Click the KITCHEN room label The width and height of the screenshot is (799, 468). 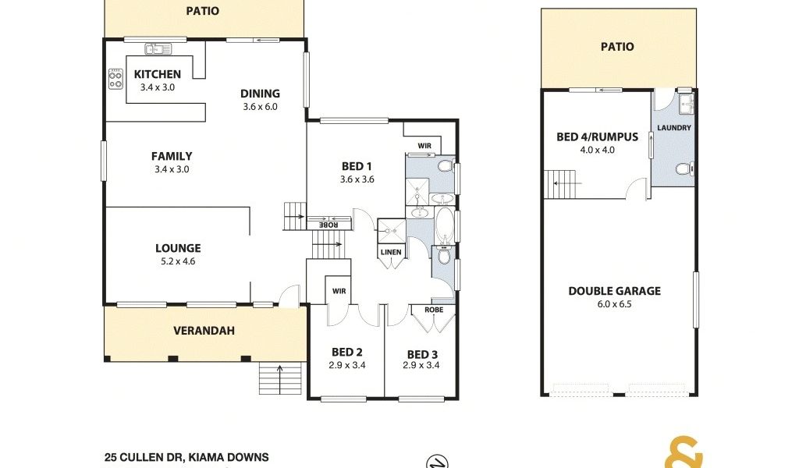[x=158, y=74]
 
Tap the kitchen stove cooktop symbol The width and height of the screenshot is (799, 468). [x=115, y=79]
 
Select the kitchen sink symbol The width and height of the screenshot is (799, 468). [x=158, y=49]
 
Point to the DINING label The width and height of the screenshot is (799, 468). [x=260, y=93]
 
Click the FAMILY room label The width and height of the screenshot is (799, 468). [x=172, y=156]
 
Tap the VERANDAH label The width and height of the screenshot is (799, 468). [x=204, y=331]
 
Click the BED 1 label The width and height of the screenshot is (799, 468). [x=357, y=166]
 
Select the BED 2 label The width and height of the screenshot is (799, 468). [x=347, y=352]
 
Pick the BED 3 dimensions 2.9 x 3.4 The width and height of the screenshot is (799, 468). [x=421, y=365]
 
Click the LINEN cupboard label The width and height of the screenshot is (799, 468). [x=391, y=252]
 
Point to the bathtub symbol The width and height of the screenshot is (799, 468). [x=445, y=225]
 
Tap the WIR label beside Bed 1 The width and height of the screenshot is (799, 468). [x=424, y=146]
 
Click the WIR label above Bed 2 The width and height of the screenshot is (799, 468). [x=339, y=291]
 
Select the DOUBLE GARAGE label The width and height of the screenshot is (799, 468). [x=615, y=291]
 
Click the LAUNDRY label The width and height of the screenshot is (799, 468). [x=674, y=128]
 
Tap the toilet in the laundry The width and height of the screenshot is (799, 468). [x=684, y=168]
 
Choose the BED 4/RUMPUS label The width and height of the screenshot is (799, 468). [x=597, y=136]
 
